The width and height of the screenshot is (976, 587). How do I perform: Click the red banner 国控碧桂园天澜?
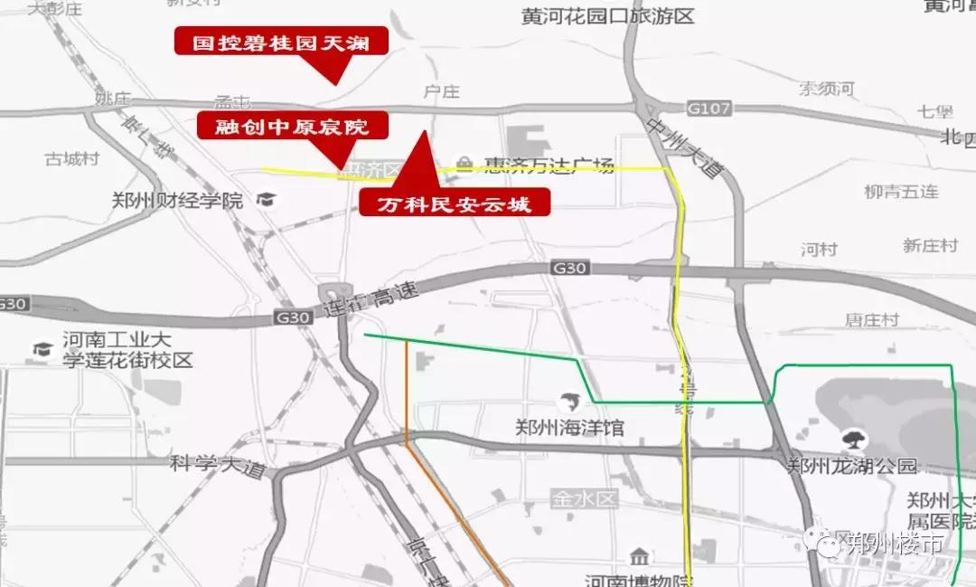(x=281, y=42)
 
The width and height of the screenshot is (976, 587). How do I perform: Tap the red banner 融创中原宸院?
(x=292, y=126)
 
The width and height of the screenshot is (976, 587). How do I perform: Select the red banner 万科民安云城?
(x=455, y=204)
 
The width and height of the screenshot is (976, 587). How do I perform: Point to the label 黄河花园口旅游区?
(x=607, y=15)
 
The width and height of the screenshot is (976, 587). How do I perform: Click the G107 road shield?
(x=714, y=109)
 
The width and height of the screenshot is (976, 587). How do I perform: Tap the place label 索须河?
(x=827, y=89)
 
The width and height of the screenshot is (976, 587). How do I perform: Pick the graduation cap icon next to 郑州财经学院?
(x=267, y=198)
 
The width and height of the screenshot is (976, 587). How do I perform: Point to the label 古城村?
(x=71, y=159)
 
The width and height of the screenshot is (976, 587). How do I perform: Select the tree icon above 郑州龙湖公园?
(x=850, y=440)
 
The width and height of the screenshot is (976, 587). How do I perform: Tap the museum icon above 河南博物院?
(x=640, y=555)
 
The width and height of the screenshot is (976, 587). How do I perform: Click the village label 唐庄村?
(x=871, y=320)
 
